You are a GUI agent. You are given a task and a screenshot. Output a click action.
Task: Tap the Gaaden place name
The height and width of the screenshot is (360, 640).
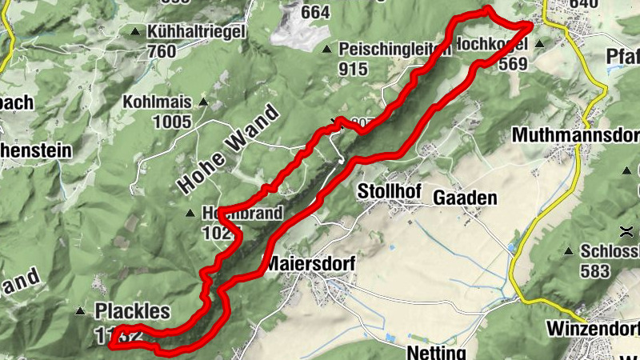tap(465, 198)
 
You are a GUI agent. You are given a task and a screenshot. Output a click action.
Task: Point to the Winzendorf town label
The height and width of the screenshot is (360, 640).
tap(593, 329)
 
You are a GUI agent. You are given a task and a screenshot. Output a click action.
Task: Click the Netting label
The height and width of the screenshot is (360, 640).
tap(436, 352)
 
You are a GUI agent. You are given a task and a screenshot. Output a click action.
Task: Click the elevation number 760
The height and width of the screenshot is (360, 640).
tap(162, 51)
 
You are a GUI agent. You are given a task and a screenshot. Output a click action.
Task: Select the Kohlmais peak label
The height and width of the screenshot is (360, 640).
tap(157, 102)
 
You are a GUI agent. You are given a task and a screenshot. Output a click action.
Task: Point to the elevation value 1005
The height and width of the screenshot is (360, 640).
tap(173, 122)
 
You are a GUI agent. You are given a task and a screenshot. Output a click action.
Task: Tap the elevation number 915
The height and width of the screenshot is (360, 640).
tap(353, 69)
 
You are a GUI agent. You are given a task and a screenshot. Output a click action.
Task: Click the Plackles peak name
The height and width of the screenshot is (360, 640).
tap(133, 310)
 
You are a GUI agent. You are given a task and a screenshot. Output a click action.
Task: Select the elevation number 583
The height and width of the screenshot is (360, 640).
tap(595, 270)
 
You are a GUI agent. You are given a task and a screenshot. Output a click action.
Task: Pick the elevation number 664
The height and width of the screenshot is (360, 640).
tap(315, 12)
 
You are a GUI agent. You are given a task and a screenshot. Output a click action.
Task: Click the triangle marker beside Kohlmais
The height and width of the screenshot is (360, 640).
tap(203, 102)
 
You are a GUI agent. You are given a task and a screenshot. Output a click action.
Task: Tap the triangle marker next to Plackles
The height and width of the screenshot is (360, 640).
tap(80, 310)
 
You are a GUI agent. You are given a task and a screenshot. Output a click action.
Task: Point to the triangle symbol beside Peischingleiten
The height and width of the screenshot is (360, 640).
tap(326, 50)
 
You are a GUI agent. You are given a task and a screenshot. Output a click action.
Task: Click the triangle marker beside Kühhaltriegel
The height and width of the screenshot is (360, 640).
tap(134, 32)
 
